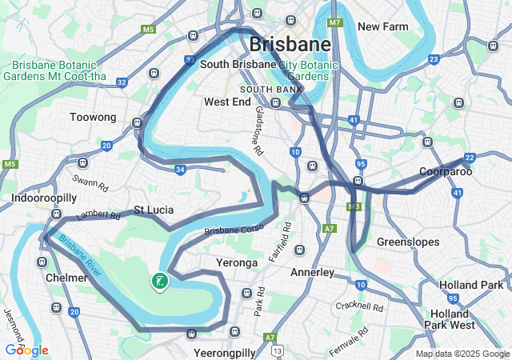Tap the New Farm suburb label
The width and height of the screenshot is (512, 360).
coord(382,26)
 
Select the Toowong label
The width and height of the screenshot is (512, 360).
coord(93,117)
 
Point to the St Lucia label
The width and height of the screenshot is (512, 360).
coord(153,210)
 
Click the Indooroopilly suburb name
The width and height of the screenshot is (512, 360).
coord(43,198)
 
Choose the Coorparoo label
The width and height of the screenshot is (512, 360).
coord(446,172)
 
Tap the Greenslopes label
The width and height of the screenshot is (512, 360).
coord(405,241)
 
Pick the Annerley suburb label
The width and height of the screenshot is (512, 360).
coord(311,272)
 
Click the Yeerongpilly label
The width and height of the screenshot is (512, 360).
coord(225,352)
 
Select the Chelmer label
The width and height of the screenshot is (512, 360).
coord(66,277)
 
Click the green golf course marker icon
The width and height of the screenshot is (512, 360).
coord(160,281)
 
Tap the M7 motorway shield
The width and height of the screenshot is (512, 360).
coord(334,22)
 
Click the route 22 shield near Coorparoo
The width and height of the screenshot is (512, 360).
coord(470,158)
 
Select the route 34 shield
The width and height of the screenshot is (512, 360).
coord(181,170)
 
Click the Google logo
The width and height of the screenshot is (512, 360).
coord(26,350)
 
